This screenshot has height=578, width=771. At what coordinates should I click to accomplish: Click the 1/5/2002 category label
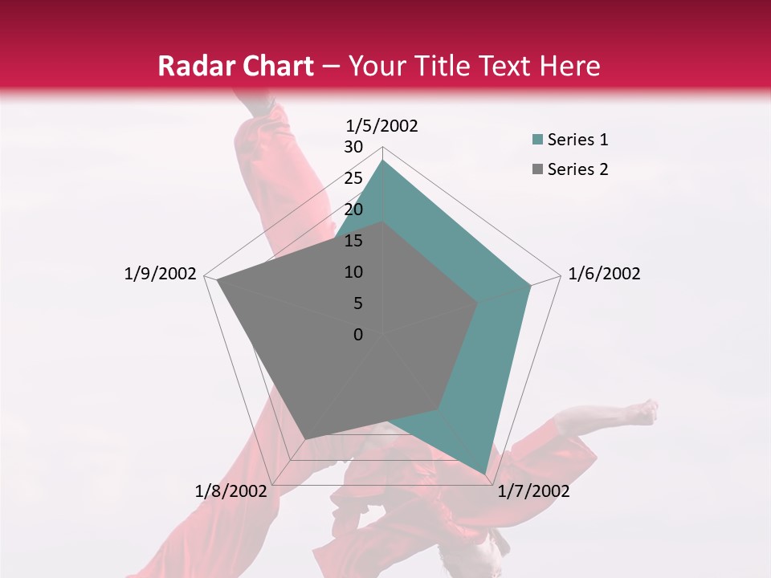pos(381,125)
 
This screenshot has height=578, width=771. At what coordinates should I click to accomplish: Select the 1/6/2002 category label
pos(604,274)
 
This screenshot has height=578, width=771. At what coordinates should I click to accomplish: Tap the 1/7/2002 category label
pos(533,491)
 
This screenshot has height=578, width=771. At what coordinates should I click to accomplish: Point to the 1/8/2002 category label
pos(231,491)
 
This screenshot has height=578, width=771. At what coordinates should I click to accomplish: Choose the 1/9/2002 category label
pos(160,274)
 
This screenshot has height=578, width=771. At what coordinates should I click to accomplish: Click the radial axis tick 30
pos(353,147)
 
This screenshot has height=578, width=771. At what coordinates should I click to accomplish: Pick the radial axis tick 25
pos(353,178)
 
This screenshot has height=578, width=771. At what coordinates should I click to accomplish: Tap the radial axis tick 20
pos(353,210)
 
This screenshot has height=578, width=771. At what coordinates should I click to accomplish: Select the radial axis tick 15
pos(353,241)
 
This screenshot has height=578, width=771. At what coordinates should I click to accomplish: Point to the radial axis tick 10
pos(353,272)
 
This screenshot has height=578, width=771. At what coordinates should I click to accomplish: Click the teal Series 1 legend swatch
pos(537,140)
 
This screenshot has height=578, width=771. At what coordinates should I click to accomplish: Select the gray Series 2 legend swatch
pos(537,169)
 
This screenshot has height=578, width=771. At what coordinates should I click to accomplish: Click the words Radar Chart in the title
pos(235,66)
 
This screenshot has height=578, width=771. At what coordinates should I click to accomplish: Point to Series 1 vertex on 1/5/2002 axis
pos(382,161)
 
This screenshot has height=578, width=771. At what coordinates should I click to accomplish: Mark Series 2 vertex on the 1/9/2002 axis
pos(218,280)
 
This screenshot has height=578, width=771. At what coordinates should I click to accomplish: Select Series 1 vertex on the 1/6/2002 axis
pos(530,285)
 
